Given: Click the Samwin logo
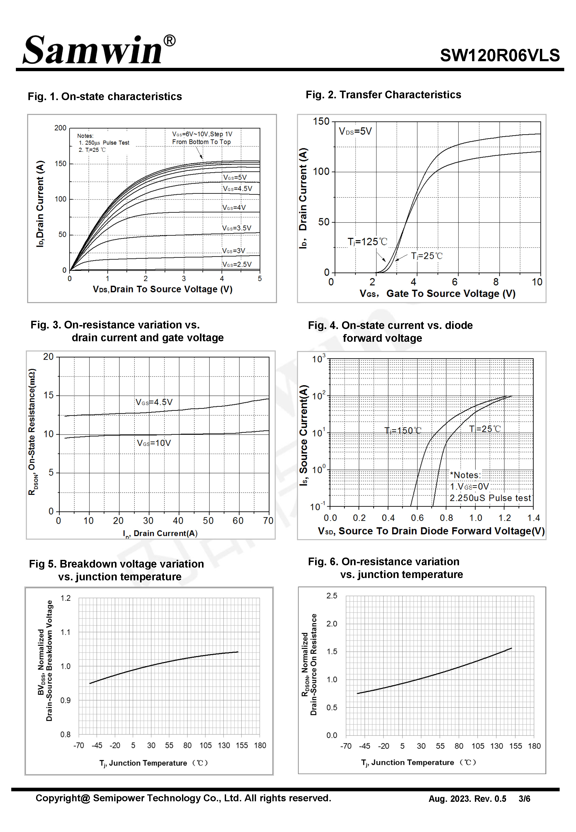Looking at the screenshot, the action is tap(99, 50).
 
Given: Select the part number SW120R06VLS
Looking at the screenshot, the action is tap(500, 56).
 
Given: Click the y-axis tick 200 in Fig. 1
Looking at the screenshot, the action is tap(60, 128).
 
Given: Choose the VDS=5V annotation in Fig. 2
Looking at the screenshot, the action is tap(355, 131).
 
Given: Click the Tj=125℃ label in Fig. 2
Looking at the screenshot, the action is tap(367, 242).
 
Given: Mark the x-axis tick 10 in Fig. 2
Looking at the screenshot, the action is tap(537, 282).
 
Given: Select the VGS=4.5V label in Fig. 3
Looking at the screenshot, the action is tap(154, 402).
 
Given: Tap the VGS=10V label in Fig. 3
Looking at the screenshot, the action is tap(154, 443).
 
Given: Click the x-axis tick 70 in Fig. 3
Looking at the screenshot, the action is tap(268, 521).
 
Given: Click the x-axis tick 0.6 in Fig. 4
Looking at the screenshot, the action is tap(417, 518).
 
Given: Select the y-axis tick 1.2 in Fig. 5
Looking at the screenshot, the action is tap(65, 598).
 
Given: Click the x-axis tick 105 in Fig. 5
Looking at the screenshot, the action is tap(206, 745).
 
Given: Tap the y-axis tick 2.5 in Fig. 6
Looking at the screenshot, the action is tap(332, 596).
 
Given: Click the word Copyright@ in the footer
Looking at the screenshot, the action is tap(63, 798).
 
